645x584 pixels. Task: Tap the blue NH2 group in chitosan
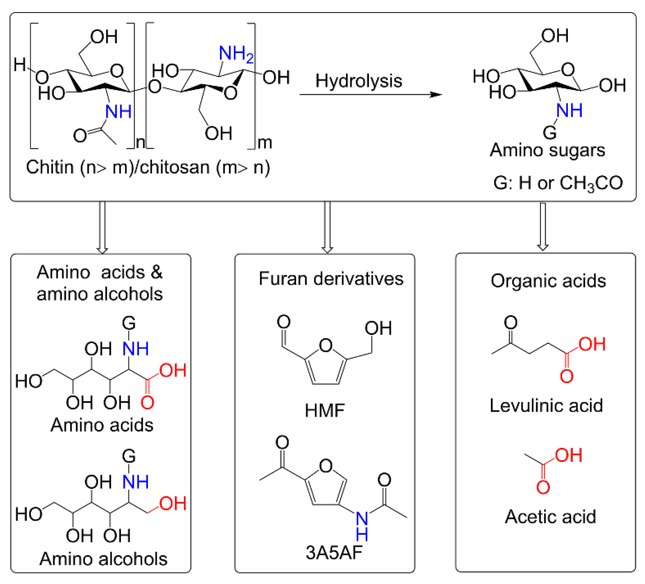click(x=236, y=53)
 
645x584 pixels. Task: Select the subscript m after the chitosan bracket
click(x=265, y=143)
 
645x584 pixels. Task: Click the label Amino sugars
click(x=547, y=150)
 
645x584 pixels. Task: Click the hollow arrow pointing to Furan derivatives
click(x=327, y=227)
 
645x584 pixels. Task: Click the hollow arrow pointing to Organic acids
click(x=543, y=227)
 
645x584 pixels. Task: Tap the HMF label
click(x=325, y=411)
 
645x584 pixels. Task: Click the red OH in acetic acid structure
click(x=568, y=455)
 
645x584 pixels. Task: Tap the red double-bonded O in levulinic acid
click(x=567, y=376)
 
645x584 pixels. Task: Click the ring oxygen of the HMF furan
click(x=326, y=346)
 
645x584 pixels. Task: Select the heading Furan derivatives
click(x=331, y=279)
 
